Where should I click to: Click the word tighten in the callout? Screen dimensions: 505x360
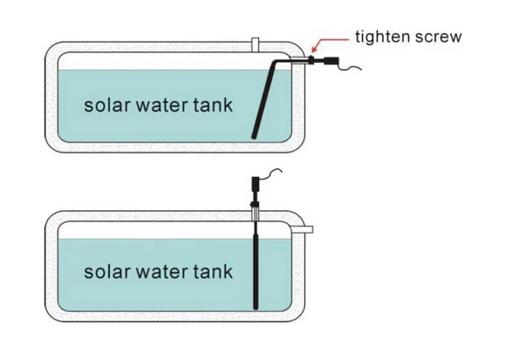pos(382,37)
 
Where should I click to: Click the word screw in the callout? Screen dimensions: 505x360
pos(439,37)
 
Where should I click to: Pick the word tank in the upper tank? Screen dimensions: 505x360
pos(213,105)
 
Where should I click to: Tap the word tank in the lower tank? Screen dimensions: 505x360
pos(213,271)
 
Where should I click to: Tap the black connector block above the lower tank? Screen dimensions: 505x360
pos(255,184)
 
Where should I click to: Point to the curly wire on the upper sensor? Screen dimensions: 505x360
pos(350,66)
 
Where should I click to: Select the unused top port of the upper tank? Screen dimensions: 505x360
pos(255,44)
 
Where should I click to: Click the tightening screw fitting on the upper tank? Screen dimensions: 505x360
pos(311,60)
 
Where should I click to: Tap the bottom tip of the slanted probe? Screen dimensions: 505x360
pos(254,137)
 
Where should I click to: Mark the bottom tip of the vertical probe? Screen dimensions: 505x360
pos(256,308)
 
